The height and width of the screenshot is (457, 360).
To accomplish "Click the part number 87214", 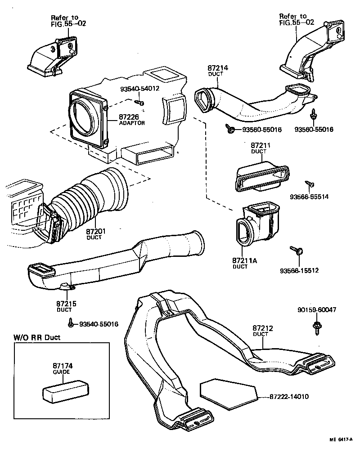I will point(218,68).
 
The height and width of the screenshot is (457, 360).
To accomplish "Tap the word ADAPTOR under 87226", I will point(132,123).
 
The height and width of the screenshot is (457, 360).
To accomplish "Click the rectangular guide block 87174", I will point(65,390).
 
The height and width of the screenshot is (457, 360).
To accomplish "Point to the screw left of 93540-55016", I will point(71,323).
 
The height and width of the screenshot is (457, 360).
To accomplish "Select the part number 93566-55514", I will point(309,197).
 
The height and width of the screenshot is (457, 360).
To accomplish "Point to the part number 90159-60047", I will point(317,309).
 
